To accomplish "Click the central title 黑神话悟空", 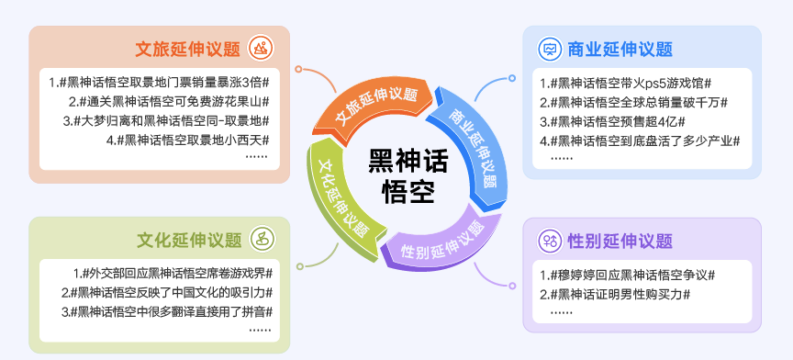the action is [x=408, y=176].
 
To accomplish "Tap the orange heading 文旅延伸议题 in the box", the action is [x=187, y=49].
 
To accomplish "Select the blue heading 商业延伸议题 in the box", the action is [x=620, y=49].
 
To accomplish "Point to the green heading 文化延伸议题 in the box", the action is [x=189, y=240].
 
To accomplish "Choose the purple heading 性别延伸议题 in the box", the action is [x=620, y=241].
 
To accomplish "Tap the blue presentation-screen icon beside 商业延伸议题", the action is [x=549, y=49].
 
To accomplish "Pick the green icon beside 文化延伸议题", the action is [x=262, y=239].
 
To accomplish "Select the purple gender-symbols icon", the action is [x=549, y=241].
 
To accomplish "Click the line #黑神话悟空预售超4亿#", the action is [x=612, y=121].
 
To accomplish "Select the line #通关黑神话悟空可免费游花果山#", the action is [x=169, y=102].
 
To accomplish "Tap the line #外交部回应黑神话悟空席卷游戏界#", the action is [x=173, y=274].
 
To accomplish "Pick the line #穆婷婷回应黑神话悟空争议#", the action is [x=627, y=275].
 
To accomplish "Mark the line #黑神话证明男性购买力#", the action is [x=615, y=294].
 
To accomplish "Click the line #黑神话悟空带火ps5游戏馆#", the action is [x=626, y=83].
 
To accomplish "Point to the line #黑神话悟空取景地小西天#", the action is [x=187, y=140].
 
